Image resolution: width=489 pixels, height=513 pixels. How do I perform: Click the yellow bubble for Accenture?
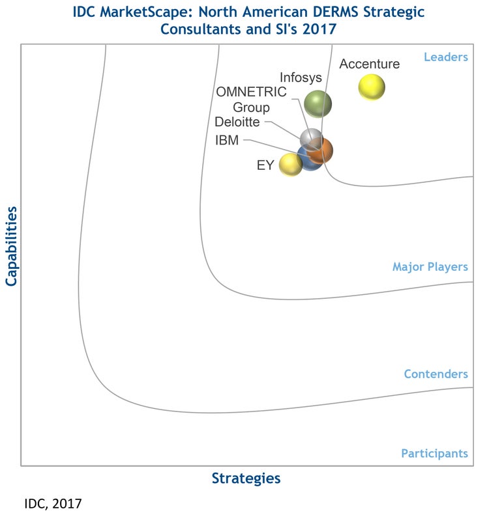click(x=372, y=88)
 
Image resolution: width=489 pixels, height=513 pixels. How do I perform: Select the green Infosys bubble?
click(x=318, y=104)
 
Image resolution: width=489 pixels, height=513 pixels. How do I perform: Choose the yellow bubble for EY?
click(x=290, y=164)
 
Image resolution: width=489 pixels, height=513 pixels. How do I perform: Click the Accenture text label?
click(x=370, y=64)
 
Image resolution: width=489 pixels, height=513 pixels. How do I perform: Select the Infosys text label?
click(x=301, y=77)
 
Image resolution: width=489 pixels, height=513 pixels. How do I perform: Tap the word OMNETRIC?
click(x=251, y=92)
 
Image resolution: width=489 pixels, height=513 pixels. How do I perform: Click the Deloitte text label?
click(x=237, y=122)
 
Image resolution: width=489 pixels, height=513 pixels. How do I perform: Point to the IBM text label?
click(x=227, y=140)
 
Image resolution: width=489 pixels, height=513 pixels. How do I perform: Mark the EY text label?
click(x=265, y=165)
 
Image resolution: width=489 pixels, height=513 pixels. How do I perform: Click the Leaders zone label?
click(x=446, y=57)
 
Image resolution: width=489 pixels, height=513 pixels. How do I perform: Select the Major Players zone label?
click(x=430, y=267)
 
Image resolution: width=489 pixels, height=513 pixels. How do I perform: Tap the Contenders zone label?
click(x=436, y=374)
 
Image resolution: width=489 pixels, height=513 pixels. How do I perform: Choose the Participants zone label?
click(x=434, y=454)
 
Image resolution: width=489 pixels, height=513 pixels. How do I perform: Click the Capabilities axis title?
click(x=11, y=246)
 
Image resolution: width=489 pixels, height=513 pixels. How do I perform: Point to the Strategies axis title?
click(x=246, y=478)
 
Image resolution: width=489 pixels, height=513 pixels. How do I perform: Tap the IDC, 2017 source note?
click(x=53, y=503)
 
